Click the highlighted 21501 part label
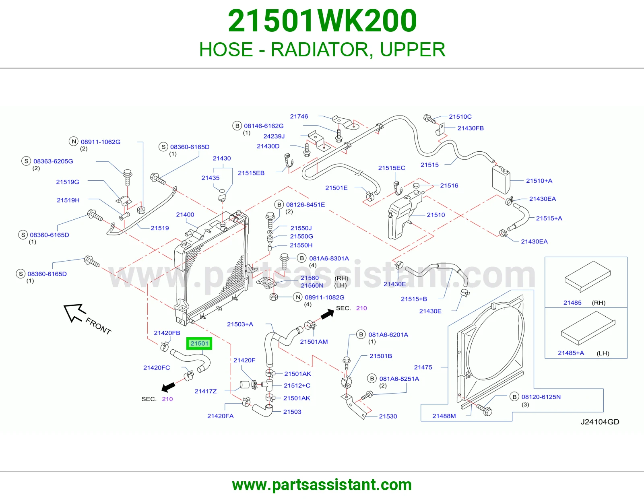[199, 343]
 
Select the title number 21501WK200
[322, 21]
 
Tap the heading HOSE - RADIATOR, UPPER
[322, 49]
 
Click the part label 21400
[185, 214]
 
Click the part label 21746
[299, 116]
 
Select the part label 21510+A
[539, 181]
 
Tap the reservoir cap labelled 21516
[417, 186]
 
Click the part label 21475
[423, 367]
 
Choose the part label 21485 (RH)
[584, 303]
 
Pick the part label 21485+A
[571, 353]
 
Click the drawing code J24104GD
[600, 422]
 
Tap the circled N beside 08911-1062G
[74, 141]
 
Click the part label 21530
[388, 417]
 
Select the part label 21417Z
[206, 391]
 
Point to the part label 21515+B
[414, 299]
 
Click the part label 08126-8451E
[305, 204]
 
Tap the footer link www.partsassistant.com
[322, 485]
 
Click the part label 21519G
[68, 182]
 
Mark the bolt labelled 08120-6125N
[484, 410]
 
